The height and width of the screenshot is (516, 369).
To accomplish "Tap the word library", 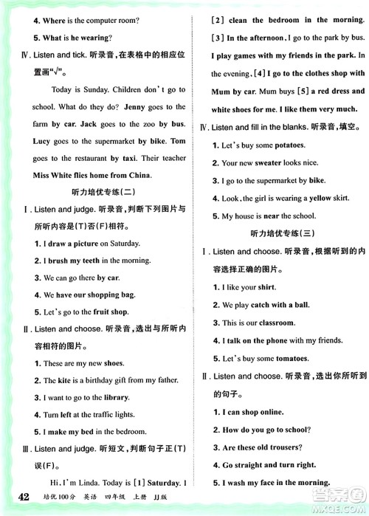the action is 114,397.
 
